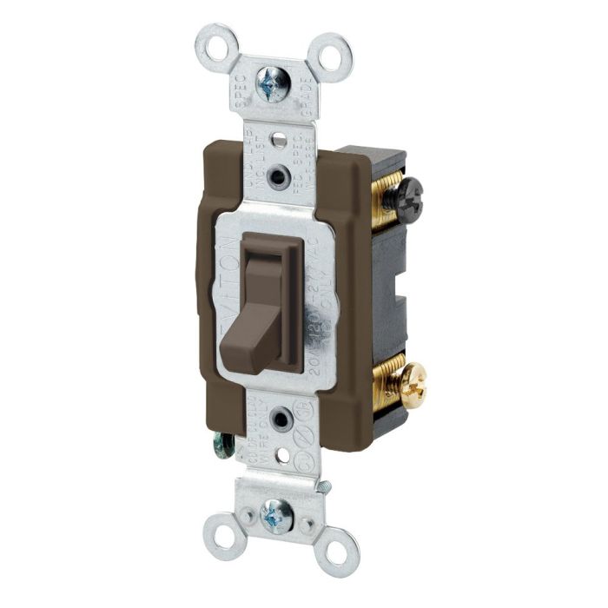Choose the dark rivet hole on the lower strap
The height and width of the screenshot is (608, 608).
pos(281,420)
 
